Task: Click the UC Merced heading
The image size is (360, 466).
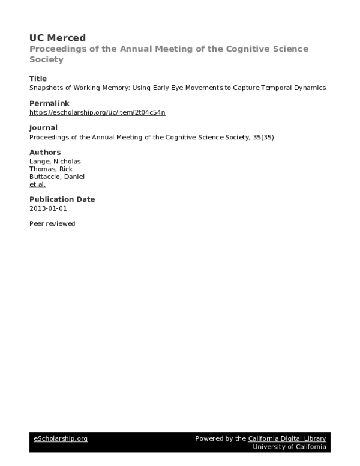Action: click(x=58, y=38)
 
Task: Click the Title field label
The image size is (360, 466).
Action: click(x=38, y=79)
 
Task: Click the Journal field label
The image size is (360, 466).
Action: click(x=43, y=127)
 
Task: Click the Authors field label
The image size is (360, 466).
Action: click(x=45, y=152)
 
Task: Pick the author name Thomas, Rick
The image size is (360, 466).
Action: click(x=50, y=169)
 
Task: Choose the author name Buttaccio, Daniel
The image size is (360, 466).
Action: click(x=57, y=177)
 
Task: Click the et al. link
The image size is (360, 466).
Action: click(x=37, y=184)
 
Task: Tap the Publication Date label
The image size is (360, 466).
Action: click(x=62, y=199)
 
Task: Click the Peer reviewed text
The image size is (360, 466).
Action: click(x=52, y=223)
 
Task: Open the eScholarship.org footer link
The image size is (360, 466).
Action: click(x=60, y=438)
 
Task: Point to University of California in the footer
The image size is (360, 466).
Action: click(x=289, y=447)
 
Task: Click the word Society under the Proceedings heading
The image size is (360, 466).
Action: click(x=46, y=59)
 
